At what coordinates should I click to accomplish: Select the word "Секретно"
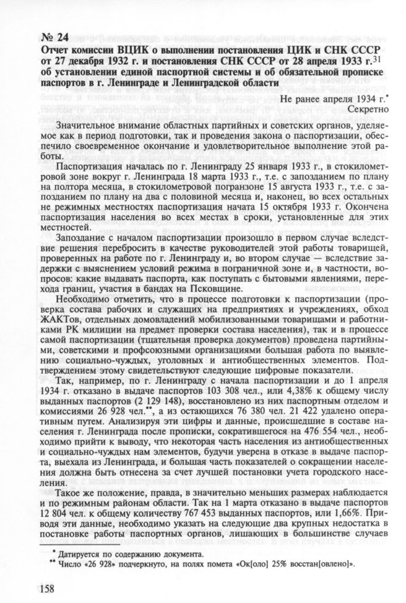click(x=368, y=108)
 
